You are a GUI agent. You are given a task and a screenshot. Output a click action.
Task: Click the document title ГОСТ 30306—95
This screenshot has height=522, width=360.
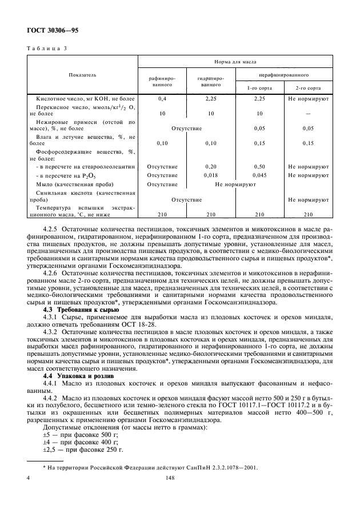[53, 29]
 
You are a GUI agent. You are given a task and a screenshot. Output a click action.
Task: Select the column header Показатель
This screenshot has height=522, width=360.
[83, 74]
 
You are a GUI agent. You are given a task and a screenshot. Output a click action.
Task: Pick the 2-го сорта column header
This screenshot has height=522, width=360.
[308, 89]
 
